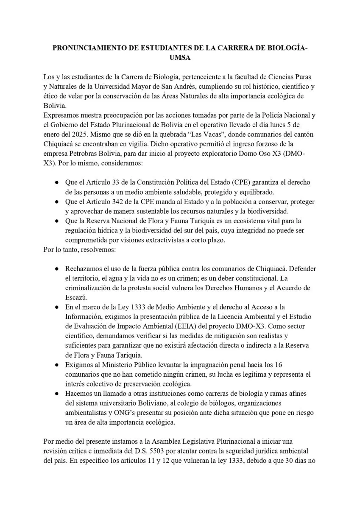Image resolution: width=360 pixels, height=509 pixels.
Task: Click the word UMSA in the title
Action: pos(180,57)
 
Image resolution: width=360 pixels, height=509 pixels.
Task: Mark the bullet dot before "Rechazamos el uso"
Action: pos(57,269)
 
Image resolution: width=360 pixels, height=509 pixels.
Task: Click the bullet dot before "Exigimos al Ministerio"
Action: pos(57,365)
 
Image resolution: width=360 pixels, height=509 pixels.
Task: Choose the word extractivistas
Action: pos(162,240)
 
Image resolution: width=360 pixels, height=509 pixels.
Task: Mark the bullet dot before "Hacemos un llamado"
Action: pos(57,394)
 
